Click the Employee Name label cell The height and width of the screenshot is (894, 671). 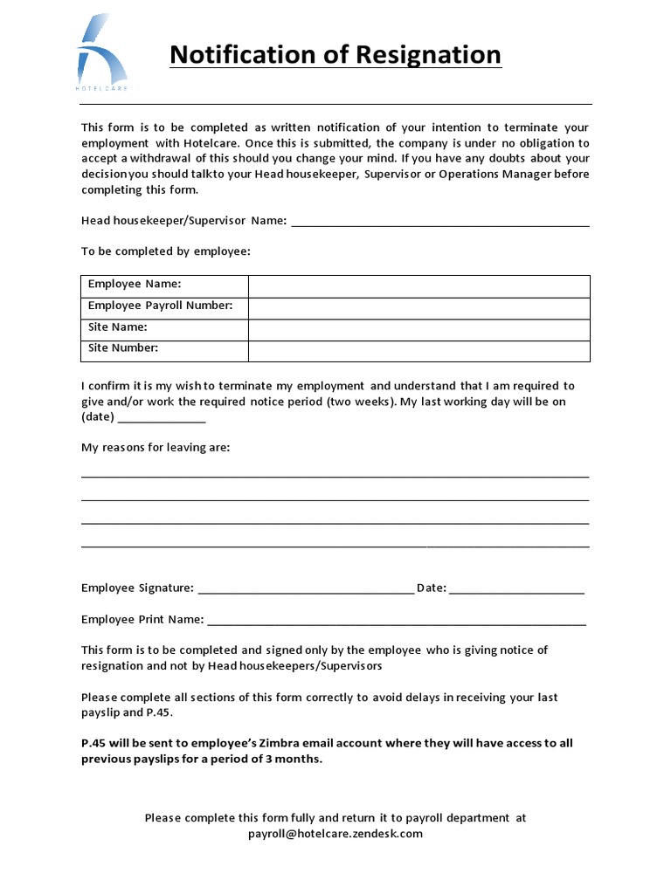135,285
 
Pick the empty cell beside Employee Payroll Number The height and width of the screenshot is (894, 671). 419,306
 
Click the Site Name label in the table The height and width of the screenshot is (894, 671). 118,327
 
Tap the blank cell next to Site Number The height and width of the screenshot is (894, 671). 419,349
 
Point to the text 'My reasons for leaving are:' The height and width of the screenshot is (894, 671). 156,448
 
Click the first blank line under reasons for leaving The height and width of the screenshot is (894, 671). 335,477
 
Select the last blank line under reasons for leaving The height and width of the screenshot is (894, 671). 335,546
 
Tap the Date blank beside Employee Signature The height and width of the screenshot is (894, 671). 516,591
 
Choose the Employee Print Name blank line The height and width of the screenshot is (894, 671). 397,622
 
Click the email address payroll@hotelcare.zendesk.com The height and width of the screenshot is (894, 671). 335,834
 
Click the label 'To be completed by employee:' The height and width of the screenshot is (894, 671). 166,251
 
